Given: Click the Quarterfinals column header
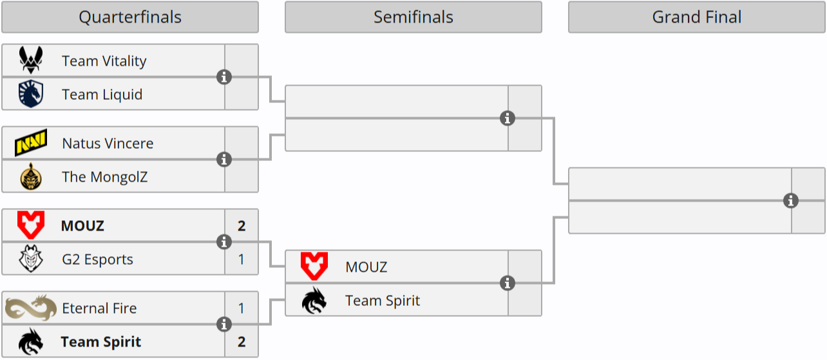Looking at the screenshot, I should tap(129, 17).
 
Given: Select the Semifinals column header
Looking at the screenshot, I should tap(413, 17).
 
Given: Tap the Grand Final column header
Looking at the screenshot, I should tap(696, 17).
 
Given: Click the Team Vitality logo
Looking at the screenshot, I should tap(31, 61).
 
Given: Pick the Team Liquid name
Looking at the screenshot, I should tap(102, 95).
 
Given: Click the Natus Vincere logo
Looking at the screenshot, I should tap(31, 143).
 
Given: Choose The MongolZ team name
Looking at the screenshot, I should tap(104, 177).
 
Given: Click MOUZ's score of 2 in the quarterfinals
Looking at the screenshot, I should tap(242, 226).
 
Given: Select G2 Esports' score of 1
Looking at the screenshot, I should tap(242, 260).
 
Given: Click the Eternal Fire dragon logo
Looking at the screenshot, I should tap(31, 308).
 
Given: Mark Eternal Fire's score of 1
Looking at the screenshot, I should tap(242, 308).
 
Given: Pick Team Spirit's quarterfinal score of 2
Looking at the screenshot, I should tap(242, 342).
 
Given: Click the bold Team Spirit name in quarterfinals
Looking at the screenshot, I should tap(101, 342).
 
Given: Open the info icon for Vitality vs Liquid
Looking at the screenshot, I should tap(224, 77).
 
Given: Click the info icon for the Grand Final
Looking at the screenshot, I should tap(791, 201).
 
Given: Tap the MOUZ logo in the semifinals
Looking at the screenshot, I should tap(314, 267).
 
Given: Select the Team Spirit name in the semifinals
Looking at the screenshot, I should tap(383, 301).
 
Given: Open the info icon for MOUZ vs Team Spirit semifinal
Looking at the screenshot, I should tap(508, 283).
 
